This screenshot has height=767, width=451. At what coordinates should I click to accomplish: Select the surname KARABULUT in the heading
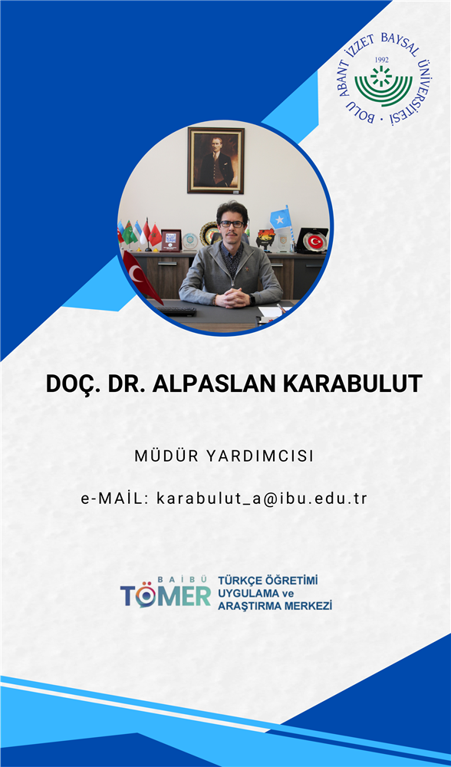[x=352, y=383]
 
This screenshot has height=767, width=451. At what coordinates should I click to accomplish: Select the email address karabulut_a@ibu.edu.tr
[x=262, y=499]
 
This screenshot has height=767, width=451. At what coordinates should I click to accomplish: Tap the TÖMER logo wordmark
[x=166, y=593]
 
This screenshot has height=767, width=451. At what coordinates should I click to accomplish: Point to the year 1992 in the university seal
[x=381, y=60]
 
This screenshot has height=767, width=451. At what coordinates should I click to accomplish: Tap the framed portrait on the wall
[x=216, y=160]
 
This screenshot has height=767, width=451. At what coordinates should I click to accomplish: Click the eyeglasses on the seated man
[x=232, y=224]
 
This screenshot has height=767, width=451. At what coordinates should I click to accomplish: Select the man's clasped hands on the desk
[x=232, y=297]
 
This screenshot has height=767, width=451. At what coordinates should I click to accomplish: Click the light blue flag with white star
[x=280, y=219]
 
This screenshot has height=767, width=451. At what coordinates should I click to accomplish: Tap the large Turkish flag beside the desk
[x=141, y=275]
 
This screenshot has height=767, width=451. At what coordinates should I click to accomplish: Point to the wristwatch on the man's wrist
[x=252, y=299]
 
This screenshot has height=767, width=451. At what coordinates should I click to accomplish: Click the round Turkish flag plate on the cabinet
[x=315, y=241]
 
